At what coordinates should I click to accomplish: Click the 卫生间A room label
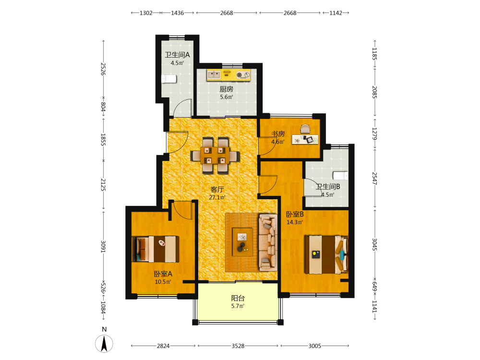pyautogui.click(x=177, y=55)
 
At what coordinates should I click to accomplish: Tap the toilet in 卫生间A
pyautogui.click(x=169, y=79)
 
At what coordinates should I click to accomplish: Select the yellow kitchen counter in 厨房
pyautogui.click(x=228, y=75)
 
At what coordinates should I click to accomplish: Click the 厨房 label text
pyautogui.click(x=226, y=89)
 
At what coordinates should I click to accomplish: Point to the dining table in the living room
pyautogui.click(x=215, y=156)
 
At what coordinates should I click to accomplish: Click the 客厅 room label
pyautogui.click(x=217, y=190)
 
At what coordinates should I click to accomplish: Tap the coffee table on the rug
pyautogui.click(x=242, y=242)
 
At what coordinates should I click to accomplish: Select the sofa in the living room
pyautogui.click(x=268, y=242)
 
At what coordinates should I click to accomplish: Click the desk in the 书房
pyautogui.click(x=305, y=140)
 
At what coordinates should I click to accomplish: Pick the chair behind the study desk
pyautogui.click(x=305, y=129)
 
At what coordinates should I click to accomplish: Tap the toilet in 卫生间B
pyautogui.click(x=340, y=175)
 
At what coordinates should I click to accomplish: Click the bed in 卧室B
pyautogui.click(x=326, y=254)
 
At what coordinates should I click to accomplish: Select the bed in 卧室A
pyautogui.click(x=156, y=249)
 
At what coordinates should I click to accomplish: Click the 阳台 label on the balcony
pyautogui.click(x=238, y=298)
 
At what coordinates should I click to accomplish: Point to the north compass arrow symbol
pyautogui.click(x=104, y=344)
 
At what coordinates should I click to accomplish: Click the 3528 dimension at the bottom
pyautogui.click(x=238, y=346)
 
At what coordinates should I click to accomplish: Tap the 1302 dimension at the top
pyautogui.click(x=146, y=13)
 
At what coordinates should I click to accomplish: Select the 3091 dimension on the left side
pyautogui.click(x=103, y=247)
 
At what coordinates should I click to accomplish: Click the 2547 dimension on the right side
pyautogui.click(x=374, y=178)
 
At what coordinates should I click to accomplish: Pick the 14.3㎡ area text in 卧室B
pyautogui.click(x=295, y=222)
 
